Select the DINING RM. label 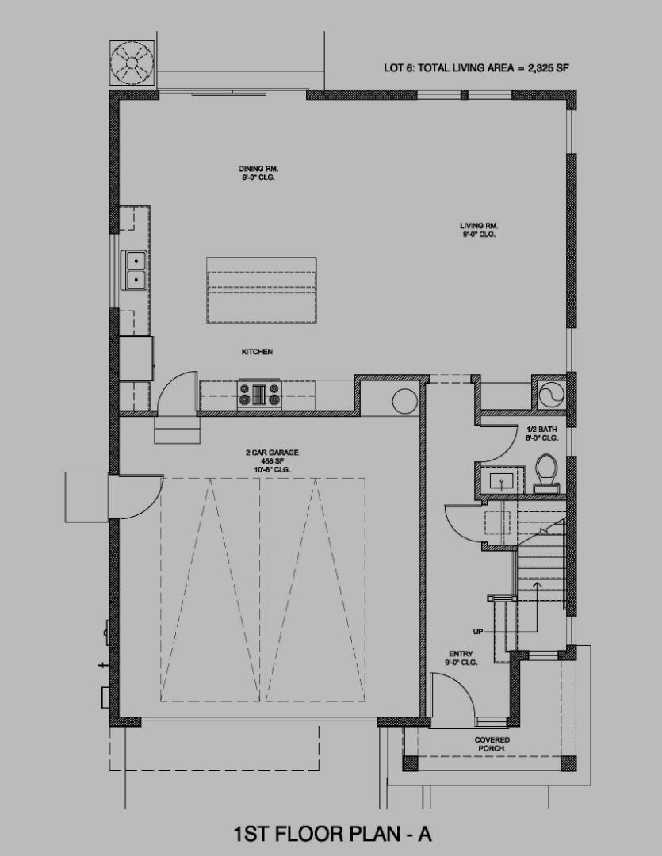[259, 173]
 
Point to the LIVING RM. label [478, 231]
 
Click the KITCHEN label [257, 352]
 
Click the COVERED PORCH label [492, 743]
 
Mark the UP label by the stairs [478, 631]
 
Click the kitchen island [261, 289]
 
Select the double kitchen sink [136, 269]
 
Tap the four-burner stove [259, 395]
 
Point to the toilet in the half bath [545, 472]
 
